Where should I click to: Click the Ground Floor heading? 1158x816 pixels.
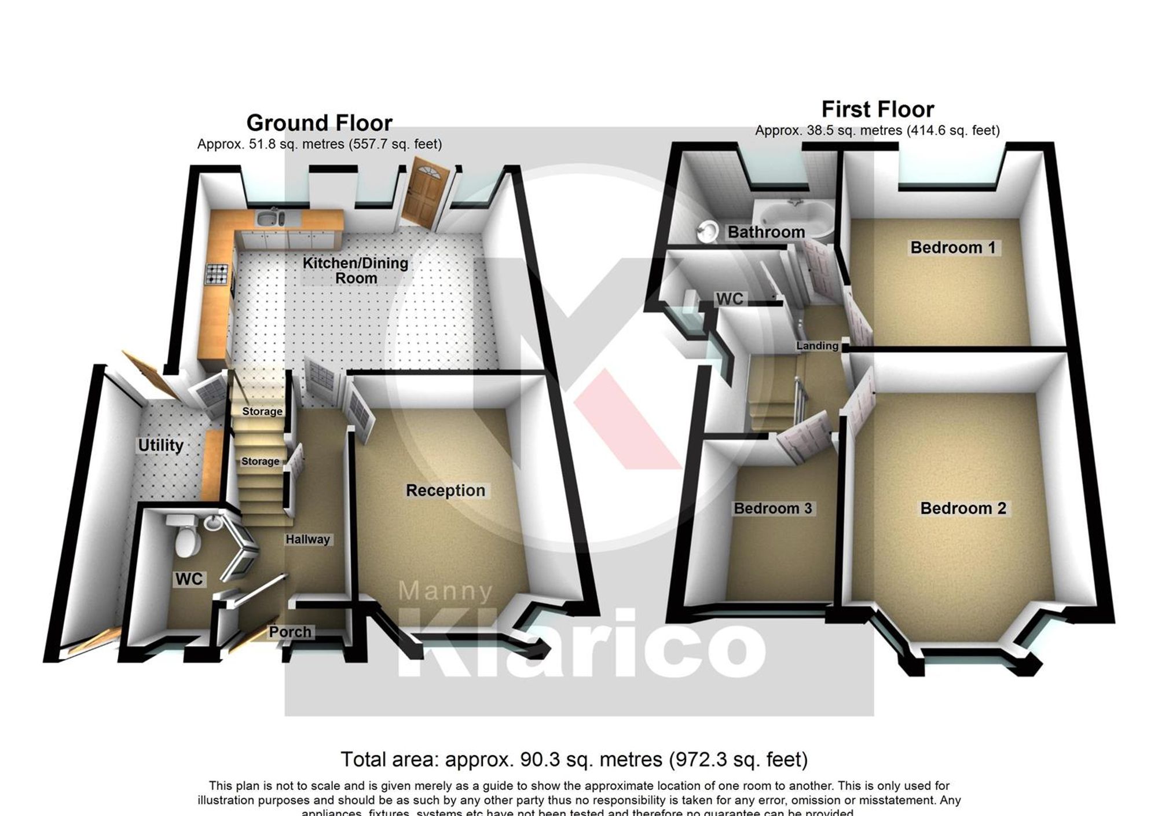[x=319, y=123]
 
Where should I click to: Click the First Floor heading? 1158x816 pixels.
[x=877, y=109]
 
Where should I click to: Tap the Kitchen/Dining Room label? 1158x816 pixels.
[x=356, y=270]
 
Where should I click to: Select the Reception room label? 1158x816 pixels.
[x=445, y=491]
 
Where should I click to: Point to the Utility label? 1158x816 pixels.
[x=160, y=445]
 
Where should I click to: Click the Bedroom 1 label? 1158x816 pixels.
[x=952, y=248]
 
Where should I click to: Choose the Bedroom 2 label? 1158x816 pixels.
[x=963, y=508]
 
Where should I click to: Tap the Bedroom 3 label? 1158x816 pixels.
[x=772, y=508]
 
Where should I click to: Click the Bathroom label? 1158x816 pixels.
[x=766, y=232]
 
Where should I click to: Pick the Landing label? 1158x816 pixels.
[x=817, y=346]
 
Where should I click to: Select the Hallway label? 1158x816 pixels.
[x=307, y=539]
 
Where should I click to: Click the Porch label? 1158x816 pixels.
[x=290, y=632]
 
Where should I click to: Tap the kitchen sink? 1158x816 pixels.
[x=269, y=219]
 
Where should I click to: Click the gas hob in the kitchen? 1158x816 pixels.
[x=217, y=274]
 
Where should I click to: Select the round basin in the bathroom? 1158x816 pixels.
[x=706, y=232]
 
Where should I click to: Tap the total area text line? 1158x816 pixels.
[x=573, y=759]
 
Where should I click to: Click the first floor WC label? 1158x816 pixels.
[x=730, y=299]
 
